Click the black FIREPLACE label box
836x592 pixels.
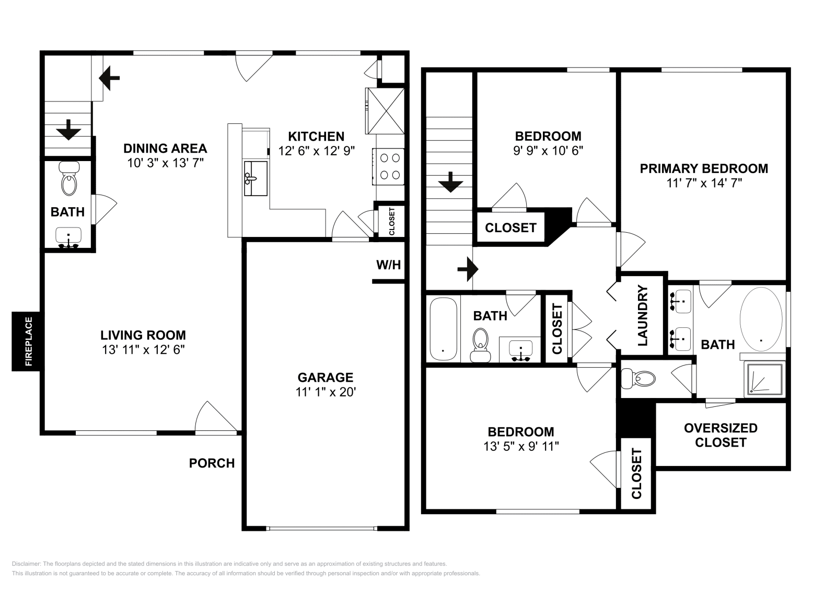pos(26,341)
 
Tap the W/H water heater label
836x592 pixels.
pos(388,265)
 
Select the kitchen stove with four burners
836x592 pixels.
pos(388,166)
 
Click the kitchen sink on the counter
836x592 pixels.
pos(256,178)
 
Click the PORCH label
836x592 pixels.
pos(212,463)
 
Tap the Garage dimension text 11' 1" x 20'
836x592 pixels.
pos(326,392)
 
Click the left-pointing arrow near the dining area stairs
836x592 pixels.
pos(109,78)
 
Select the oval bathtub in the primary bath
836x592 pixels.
pos(761,319)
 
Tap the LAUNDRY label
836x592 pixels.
pos(643,316)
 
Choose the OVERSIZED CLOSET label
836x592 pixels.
pos(721,435)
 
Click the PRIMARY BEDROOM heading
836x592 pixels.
pos(704,168)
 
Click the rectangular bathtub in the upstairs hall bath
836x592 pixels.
pos(443,328)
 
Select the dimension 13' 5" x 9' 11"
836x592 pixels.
pos(521,447)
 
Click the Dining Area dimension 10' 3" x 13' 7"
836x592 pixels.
pos(165,163)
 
